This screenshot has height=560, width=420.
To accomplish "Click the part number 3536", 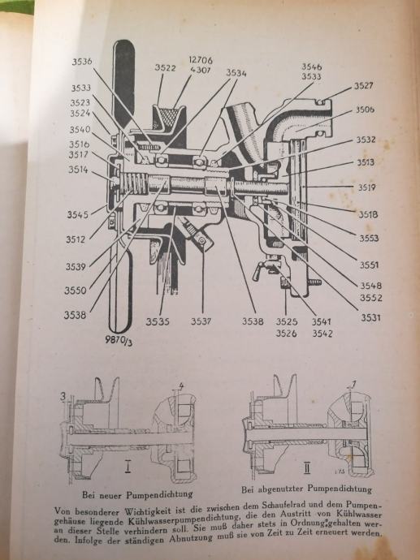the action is (82, 62).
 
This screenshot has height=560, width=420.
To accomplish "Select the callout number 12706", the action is (201, 60).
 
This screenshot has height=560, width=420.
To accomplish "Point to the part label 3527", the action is (363, 86).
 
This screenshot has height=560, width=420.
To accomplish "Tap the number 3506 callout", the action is (365, 110).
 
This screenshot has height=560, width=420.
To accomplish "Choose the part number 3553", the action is (369, 238).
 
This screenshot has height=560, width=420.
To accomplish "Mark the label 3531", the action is (370, 317).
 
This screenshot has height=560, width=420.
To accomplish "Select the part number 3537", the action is (201, 321).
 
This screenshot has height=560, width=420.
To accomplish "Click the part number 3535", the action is (158, 321).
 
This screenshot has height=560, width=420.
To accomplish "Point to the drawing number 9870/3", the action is (119, 340).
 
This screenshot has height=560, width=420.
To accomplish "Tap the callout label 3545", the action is (77, 214).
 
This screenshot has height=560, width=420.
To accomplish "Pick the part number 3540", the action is (80, 129).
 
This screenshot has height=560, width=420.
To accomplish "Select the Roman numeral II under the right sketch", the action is (307, 467).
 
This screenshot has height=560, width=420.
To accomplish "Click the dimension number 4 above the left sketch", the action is (181, 386).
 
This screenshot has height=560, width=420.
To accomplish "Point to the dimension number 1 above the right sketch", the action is (354, 384).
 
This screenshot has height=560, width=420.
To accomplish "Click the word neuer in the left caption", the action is (110, 495).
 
